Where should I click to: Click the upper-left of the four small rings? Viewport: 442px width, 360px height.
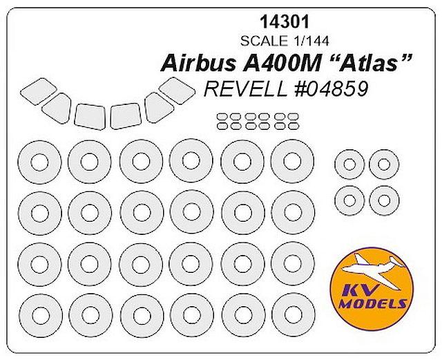pos(350,166)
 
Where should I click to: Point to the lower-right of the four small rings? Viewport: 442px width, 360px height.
pos(385,200)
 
